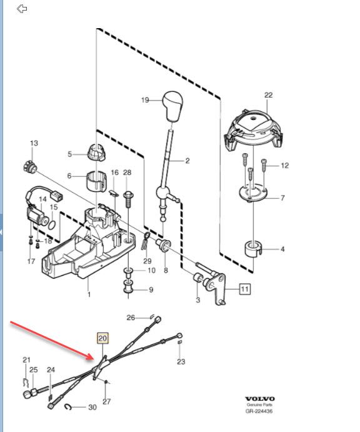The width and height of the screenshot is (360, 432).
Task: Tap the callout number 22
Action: tap(269, 95)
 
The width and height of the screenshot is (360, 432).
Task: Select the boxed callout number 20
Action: tap(102, 339)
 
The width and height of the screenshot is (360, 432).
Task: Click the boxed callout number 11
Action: tap(244, 289)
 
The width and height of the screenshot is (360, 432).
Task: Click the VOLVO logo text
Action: tap(259, 399)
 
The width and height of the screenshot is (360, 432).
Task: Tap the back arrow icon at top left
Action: tap(22, 9)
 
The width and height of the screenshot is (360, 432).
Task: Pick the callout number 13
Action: tap(34, 143)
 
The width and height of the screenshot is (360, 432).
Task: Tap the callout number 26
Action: tap(131, 318)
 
